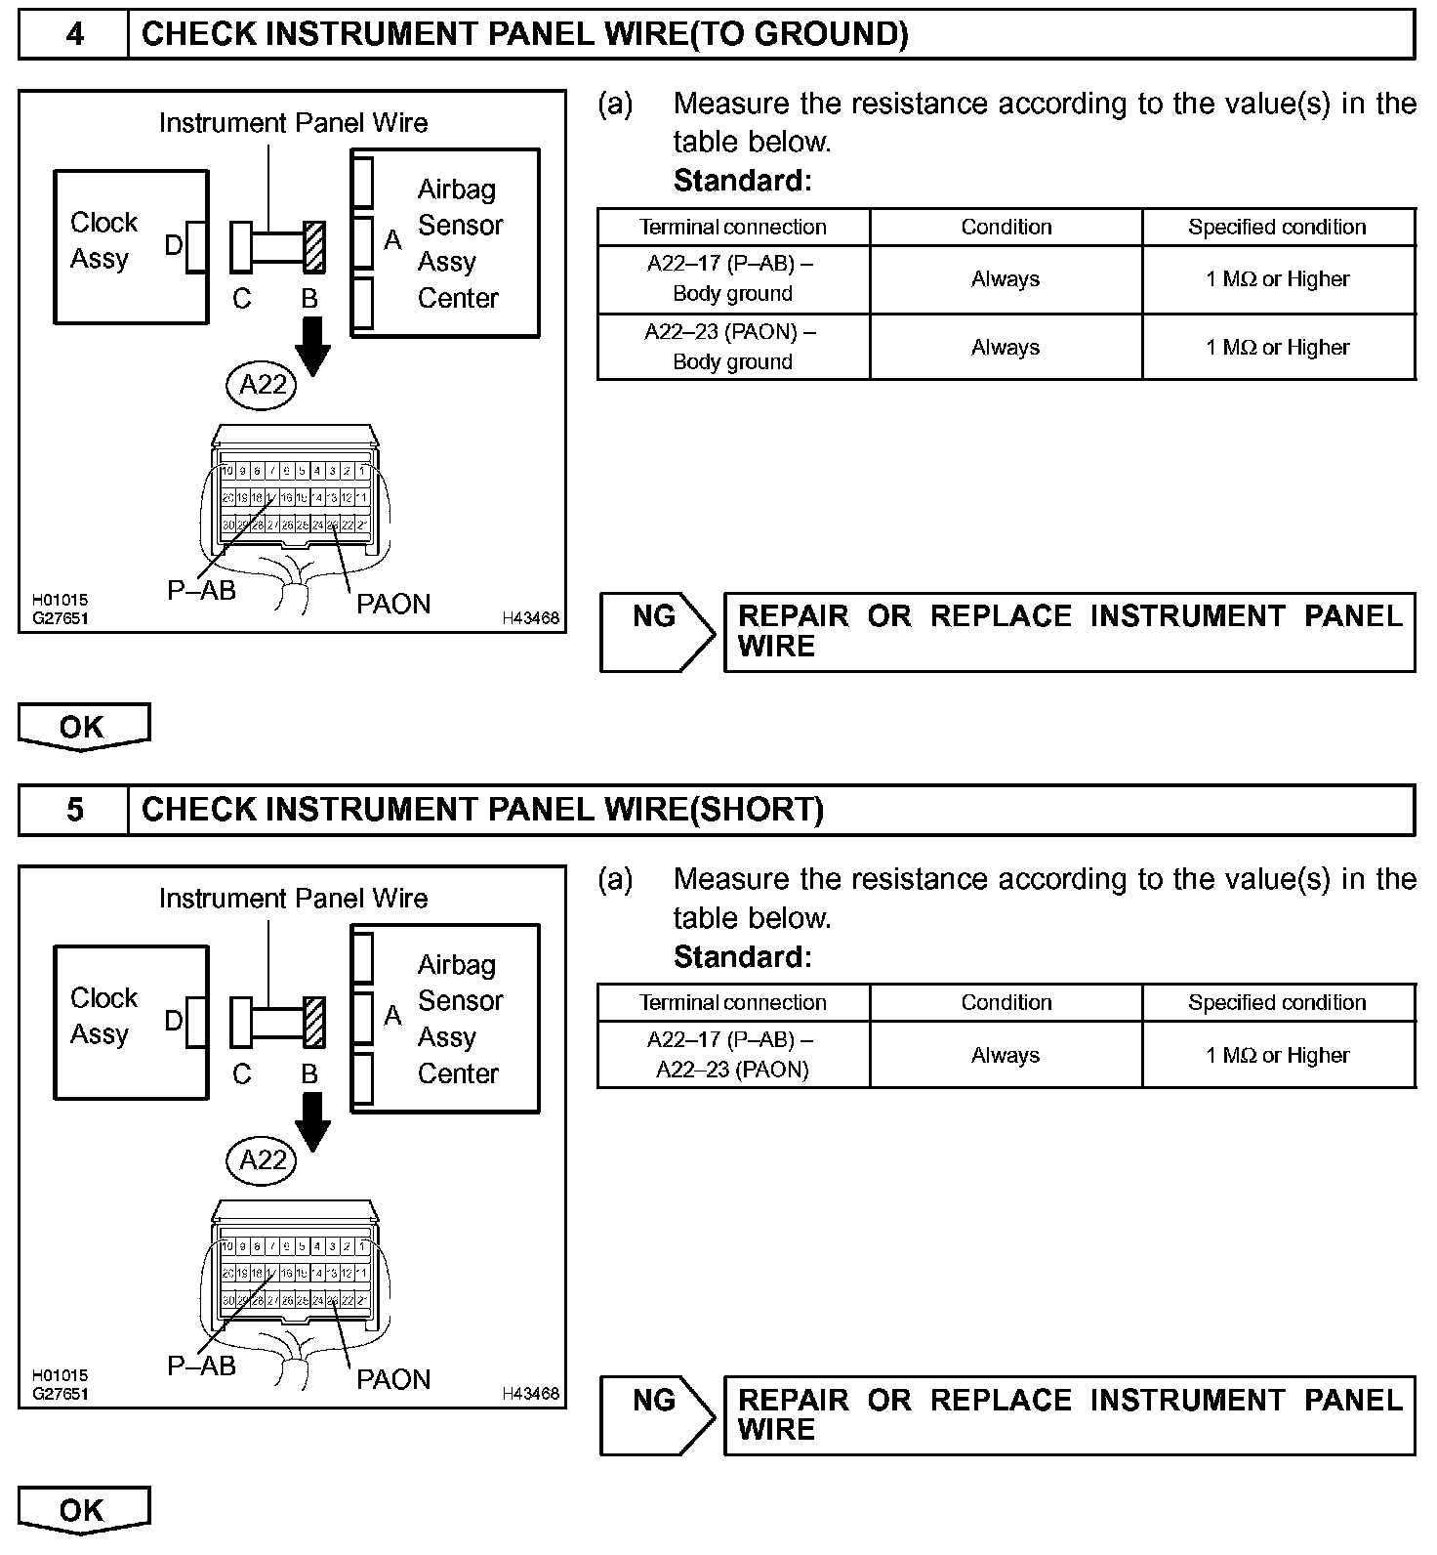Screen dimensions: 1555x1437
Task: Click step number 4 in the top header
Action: (74, 34)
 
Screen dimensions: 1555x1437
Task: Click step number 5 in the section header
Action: (74, 810)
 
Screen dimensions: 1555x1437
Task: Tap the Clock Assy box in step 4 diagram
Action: (130, 246)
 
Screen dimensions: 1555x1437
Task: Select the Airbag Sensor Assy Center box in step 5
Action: (445, 1019)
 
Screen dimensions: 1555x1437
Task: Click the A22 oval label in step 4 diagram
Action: (262, 384)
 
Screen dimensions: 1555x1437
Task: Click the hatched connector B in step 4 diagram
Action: (313, 246)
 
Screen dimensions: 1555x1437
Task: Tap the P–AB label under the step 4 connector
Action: (201, 590)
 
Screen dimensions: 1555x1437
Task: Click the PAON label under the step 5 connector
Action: (392, 1379)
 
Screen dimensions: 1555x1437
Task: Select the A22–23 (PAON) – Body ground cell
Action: (732, 347)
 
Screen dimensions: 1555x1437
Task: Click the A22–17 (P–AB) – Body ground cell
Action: (732, 278)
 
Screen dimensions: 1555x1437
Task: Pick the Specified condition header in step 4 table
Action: (1277, 227)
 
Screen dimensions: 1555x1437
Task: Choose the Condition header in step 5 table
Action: (1006, 1002)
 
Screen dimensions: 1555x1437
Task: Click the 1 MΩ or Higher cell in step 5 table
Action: (1277, 1055)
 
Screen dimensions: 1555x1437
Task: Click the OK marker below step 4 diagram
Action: (83, 727)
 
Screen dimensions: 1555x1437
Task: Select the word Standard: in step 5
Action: (742, 956)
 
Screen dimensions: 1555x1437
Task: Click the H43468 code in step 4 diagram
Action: (530, 618)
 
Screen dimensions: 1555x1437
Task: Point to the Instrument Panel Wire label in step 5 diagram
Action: (293, 899)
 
